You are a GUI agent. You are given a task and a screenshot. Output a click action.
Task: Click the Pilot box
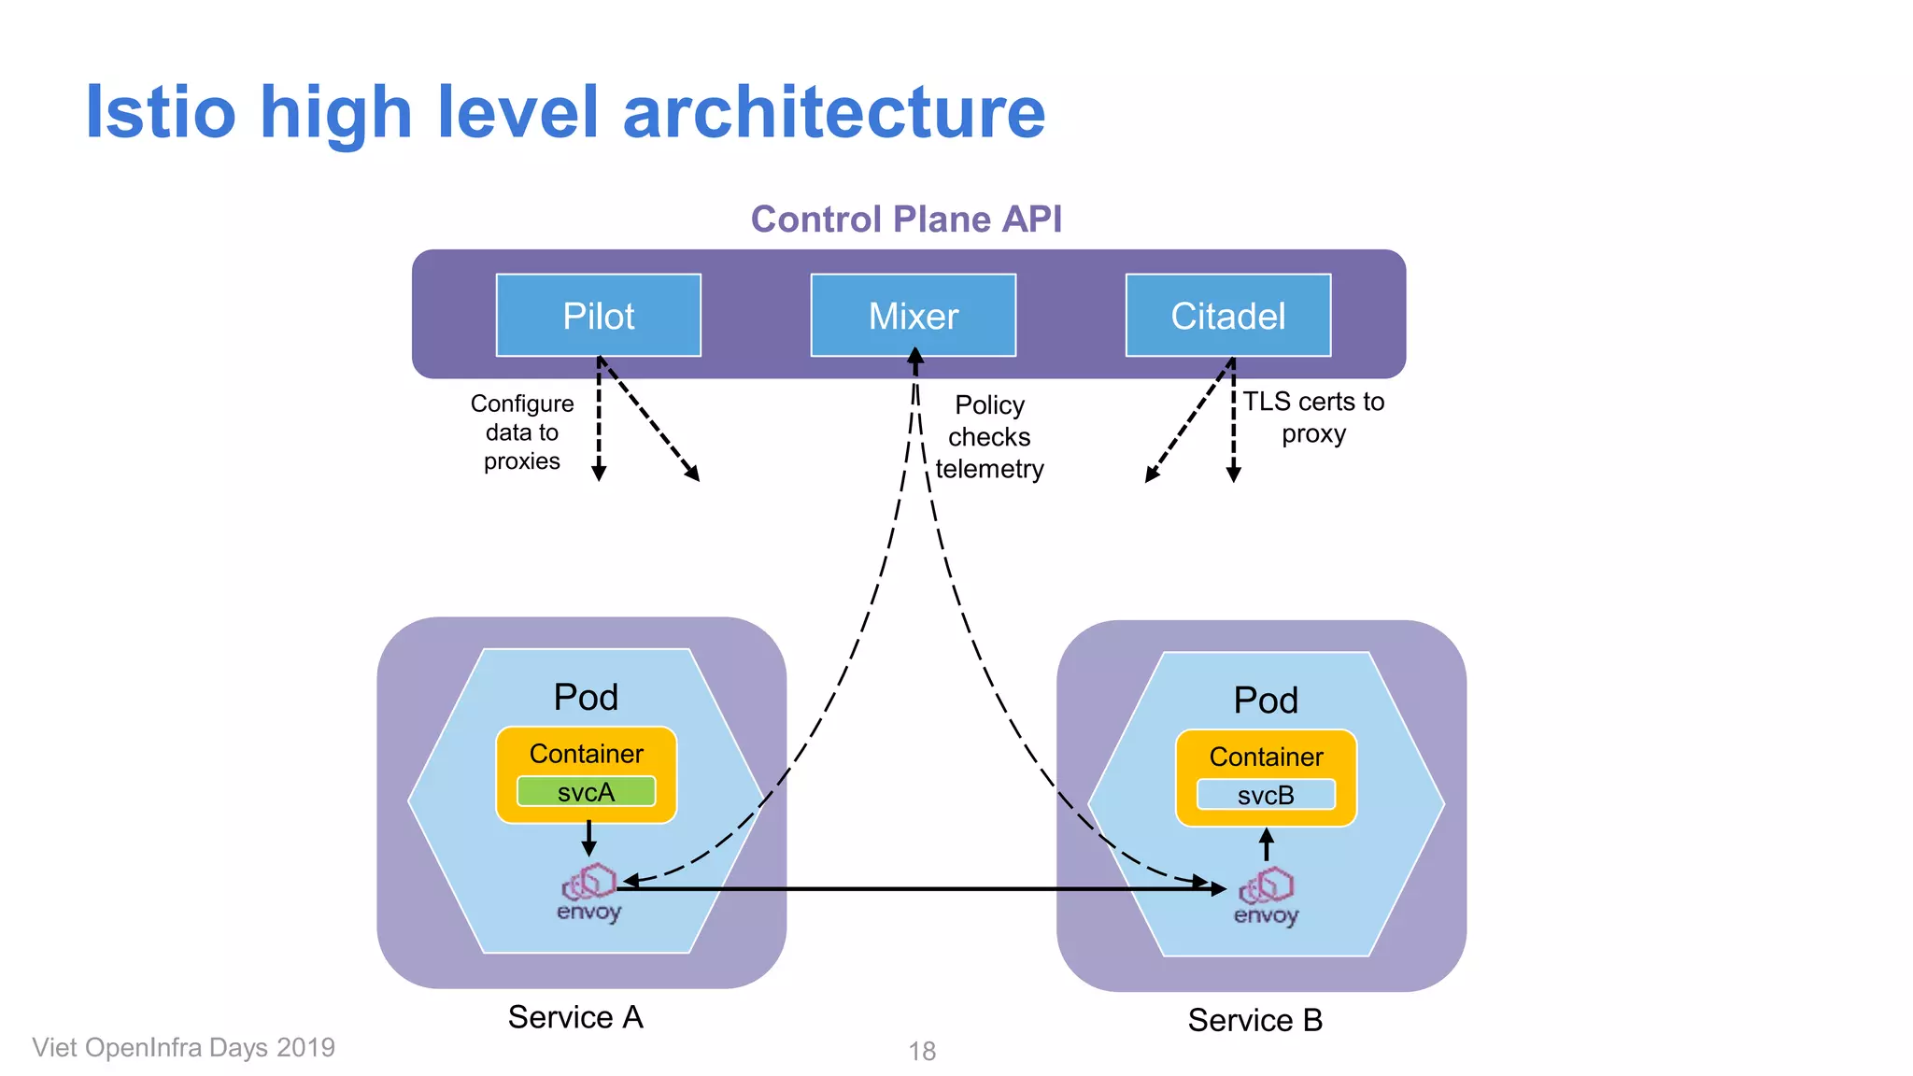point(598,316)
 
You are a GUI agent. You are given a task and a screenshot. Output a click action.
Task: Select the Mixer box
point(913,316)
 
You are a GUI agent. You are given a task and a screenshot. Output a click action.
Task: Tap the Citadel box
point(1227,316)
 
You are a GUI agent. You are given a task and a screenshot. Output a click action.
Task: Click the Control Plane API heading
point(906,219)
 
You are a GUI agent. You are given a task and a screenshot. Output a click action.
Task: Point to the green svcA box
point(586,792)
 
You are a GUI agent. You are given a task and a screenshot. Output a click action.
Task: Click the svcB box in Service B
point(1266,796)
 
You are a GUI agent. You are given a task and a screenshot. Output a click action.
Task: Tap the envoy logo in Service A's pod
point(588,893)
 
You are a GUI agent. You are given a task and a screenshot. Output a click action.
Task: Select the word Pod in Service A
point(586,698)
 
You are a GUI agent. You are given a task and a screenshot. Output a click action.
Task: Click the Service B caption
point(1254,1020)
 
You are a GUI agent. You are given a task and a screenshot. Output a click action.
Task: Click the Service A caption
point(575,1017)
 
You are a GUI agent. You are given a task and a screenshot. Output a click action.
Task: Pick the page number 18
point(922,1052)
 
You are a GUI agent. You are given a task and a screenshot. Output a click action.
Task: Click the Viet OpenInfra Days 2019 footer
point(183,1048)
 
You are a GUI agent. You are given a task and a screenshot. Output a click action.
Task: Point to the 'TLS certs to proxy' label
point(1312,418)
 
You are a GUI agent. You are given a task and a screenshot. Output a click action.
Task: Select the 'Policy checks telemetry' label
point(989,437)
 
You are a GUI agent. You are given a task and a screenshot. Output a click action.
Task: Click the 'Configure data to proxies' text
point(521,432)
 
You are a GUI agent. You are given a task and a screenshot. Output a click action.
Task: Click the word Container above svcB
point(1266,757)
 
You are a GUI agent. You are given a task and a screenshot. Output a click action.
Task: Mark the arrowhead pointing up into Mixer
point(915,357)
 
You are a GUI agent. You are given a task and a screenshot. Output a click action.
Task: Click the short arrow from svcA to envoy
point(588,837)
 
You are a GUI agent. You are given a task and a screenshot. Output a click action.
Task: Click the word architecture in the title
point(833,112)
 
